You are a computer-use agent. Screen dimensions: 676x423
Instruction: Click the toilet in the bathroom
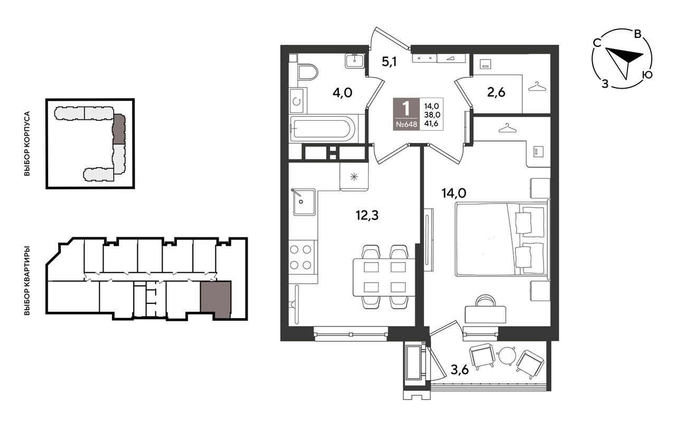click(308, 72)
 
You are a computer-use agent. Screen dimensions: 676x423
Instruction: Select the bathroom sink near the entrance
click(354, 61)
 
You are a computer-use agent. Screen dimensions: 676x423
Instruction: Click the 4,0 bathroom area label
click(343, 93)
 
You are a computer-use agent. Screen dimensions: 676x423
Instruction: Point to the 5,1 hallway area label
click(389, 62)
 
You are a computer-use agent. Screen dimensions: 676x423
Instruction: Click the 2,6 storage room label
click(496, 92)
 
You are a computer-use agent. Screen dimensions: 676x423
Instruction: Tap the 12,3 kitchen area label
click(367, 216)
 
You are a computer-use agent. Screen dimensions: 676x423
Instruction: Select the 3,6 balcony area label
click(459, 369)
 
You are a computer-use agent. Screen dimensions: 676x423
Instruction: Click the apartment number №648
click(406, 124)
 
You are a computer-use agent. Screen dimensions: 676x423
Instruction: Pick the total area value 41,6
click(431, 123)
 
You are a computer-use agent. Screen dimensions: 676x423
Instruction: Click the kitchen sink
click(304, 202)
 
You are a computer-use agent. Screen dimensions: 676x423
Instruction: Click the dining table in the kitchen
click(384, 277)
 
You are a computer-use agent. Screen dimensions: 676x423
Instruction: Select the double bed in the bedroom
click(502, 239)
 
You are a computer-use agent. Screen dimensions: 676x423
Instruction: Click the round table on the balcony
click(506, 355)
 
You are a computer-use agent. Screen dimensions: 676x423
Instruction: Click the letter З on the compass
click(605, 84)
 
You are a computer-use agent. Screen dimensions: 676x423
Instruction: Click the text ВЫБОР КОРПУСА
click(27, 143)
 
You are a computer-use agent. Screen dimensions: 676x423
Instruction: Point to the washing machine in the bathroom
click(297, 101)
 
